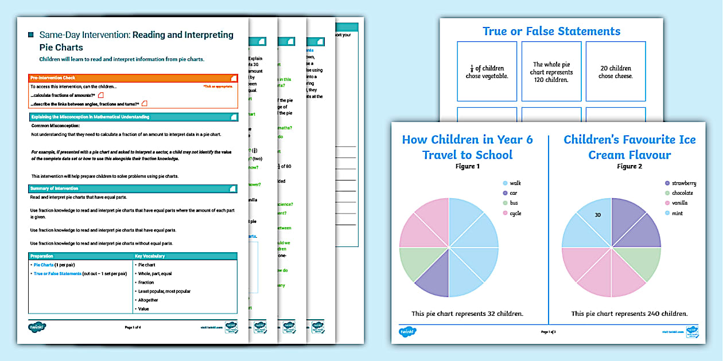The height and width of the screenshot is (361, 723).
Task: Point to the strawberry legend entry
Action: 679,183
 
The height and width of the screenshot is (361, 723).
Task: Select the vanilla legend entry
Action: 675,203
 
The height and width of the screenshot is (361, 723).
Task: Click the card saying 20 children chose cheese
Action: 616,72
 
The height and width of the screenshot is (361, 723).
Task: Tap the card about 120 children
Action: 551,72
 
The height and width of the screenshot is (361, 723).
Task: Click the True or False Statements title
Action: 551,32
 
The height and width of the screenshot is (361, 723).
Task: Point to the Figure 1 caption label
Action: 467,167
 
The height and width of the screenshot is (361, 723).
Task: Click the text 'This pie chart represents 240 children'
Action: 629,313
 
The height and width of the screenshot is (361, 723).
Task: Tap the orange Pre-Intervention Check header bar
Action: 133,78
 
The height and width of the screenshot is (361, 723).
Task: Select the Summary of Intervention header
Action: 133,188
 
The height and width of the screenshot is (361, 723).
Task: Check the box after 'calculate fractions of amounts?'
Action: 100,95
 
